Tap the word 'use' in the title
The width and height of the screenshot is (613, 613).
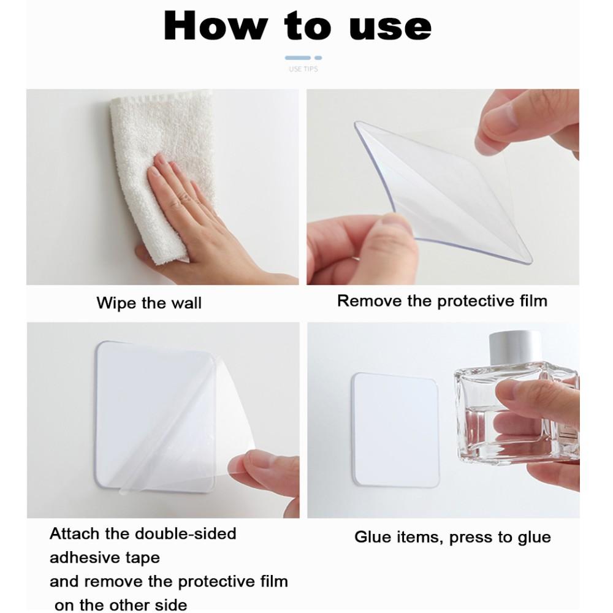(390, 27)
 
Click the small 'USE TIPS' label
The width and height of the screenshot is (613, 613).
(303, 69)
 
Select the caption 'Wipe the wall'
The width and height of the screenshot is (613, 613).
(149, 303)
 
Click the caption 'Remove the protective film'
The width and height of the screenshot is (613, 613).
(442, 301)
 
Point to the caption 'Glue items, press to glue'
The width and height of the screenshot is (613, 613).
(452, 538)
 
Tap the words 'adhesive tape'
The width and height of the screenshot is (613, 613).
(105, 558)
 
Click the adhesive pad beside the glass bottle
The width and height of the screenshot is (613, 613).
(395, 429)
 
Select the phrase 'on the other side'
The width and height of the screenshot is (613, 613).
(121, 604)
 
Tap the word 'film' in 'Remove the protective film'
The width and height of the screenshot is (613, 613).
(532, 301)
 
